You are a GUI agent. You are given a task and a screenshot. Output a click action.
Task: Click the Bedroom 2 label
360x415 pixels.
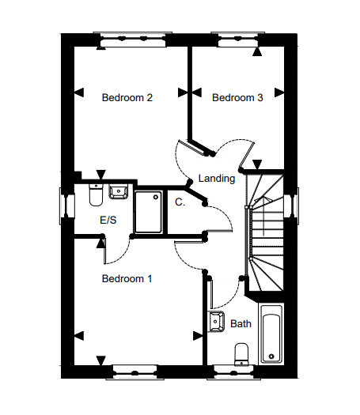tap(127, 98)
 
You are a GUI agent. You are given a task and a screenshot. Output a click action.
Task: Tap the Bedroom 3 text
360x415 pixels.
tap(237, 98)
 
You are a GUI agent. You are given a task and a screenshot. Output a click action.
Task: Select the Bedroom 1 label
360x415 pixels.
tap(127, 279)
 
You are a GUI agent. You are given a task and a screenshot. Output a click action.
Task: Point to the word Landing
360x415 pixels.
tap(217, 179)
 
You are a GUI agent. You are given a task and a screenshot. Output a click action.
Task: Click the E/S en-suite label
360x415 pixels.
tap(108, 220)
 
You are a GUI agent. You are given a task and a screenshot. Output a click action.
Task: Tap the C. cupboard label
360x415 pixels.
tap(180, 202)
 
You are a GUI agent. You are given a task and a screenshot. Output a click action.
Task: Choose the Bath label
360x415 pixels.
tap(241, 323)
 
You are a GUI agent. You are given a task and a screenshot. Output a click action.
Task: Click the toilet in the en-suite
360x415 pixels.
tap(96, 195)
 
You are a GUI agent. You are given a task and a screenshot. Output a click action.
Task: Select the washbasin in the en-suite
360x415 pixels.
tap(119, 191)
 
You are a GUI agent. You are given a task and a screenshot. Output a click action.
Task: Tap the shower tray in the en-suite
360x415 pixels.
tap(148, 213)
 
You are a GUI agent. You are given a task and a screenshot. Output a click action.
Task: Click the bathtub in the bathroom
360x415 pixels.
tap(271, 334)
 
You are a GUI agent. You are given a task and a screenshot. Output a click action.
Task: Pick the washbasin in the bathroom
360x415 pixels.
tap(217, 322)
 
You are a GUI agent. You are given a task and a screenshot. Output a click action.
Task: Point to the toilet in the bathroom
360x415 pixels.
tap(241, 355)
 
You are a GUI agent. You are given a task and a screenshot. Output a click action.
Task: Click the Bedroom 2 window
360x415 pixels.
tap(133, 40)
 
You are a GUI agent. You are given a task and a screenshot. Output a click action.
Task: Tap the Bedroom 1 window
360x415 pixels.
tap(135, 372)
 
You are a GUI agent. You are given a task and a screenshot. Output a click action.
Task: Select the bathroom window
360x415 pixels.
tap(233, 372)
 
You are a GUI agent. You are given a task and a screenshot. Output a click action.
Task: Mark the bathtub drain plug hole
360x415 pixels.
tap(271, 357)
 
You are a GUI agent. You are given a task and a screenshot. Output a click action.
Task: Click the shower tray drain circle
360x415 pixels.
tap(156, 197)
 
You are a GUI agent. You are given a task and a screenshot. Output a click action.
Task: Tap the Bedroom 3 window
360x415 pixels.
tap(238, 40)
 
